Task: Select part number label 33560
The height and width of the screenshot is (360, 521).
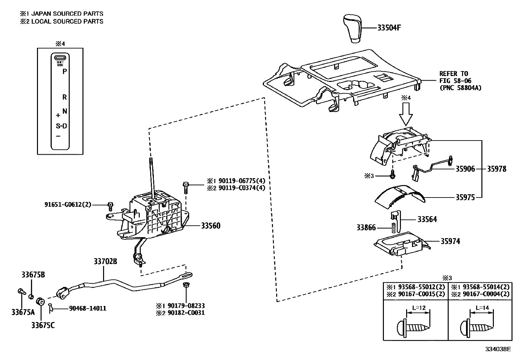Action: [210, 226]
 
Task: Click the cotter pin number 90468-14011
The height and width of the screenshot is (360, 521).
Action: [87, 309]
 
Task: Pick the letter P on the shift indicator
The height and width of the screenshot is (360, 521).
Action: [65, 71]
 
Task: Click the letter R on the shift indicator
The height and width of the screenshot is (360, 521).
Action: [65, 97]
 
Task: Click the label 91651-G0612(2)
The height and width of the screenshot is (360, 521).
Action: [67, 204]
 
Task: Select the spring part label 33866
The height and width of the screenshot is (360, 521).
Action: [366, 228]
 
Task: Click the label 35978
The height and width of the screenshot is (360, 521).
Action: [496, 169]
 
